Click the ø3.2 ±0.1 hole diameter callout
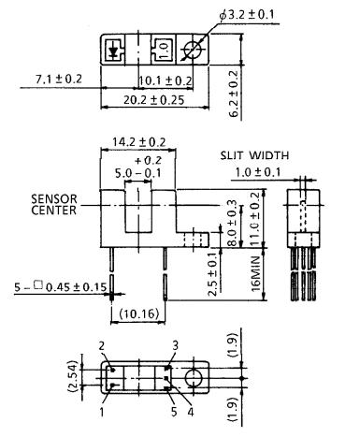(247, 15)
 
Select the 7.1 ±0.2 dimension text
(58, 79)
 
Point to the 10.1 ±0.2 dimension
(166, 80)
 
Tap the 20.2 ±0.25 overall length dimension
(154, 100)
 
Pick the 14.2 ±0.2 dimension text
(139, 142)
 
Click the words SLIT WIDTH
(254, 155)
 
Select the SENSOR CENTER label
(54, 205)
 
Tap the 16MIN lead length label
(255, 274)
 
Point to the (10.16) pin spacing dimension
(138, 313)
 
